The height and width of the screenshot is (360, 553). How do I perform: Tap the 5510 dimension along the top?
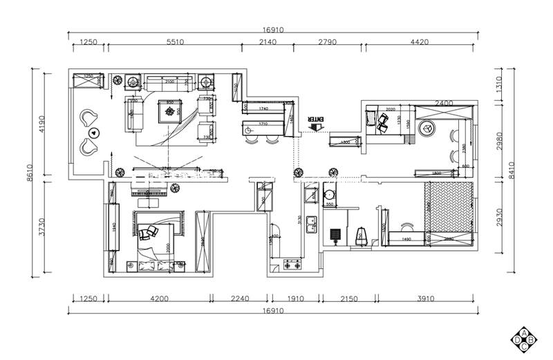coord(175,42)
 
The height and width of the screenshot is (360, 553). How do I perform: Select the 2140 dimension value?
coord(267,42)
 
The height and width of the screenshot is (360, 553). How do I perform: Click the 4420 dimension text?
coord(420,42)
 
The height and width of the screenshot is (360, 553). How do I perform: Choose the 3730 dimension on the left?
coord(41,226)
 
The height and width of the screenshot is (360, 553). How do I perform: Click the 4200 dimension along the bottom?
coord(159,299)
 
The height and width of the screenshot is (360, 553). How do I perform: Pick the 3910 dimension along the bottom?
coord(425,299)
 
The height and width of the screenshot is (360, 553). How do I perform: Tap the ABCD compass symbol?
coord(524,339)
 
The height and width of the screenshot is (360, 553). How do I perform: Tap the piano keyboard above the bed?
coord(150,194)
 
